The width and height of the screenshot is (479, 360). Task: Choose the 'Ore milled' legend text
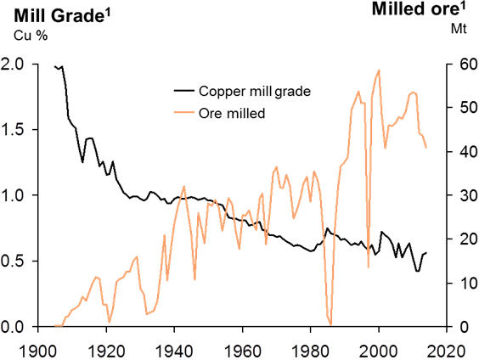pyautogui.click(x=233, y=113)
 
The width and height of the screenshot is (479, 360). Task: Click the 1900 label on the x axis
pyautogui.click(x=37, y=348)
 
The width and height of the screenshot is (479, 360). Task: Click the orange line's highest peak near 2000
pyautogui.click(x=379, y=70)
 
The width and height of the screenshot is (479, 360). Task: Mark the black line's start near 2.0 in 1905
pyautogui.click(x=55, y=66)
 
